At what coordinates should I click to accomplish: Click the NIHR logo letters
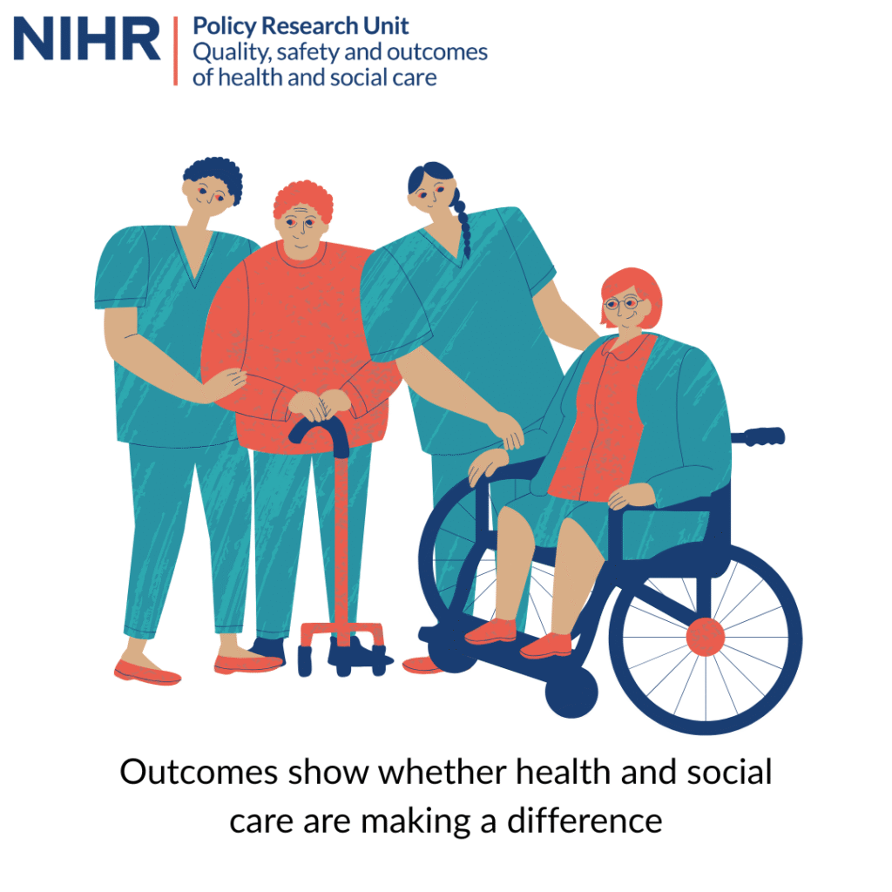[x=86, y=38]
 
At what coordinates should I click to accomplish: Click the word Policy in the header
[x=224, y=27]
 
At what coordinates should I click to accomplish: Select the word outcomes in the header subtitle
[x=437, y=51]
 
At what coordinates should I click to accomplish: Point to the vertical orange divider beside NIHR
[x=176, y=51]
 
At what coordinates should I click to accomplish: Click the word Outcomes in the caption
[x=199, y=772]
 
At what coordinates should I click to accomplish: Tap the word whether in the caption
[x=443, y=772]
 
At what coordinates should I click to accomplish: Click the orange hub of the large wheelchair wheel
[x=706, y=637]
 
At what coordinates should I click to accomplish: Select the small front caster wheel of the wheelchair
[x=571, y=692]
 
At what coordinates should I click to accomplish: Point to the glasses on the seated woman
[x=624, y=302]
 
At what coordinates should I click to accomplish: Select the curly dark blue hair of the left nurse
[x=215, y=174]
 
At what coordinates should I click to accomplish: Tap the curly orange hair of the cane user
[x=303, y=200]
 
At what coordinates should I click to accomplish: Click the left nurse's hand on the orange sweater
[x=226, y=383]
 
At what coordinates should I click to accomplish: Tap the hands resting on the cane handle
[x=319, y=404]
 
